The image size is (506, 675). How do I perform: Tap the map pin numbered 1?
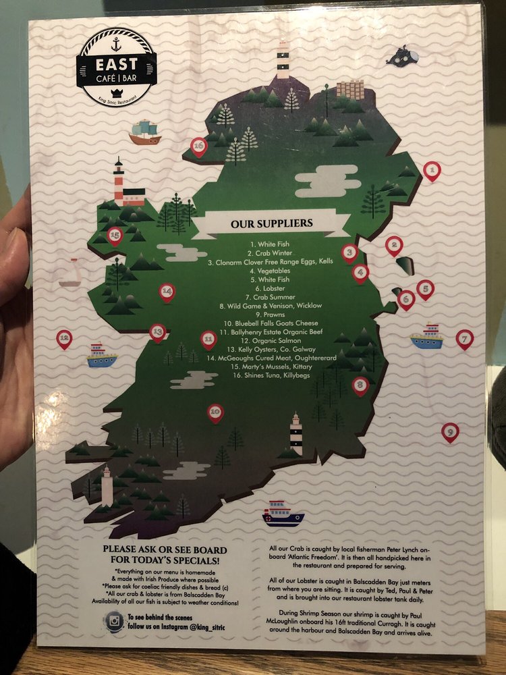pyautogui.click(x=432, y=171)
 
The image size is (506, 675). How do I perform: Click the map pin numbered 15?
pyautogui.click(x=115, y=236)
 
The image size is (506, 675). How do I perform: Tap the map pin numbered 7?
pyautogui.click(x=464, y=338)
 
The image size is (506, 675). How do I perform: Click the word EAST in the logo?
pyautogui.click(x=116, y=65)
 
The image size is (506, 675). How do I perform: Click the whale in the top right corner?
pyautogui.click(x=402, y=56)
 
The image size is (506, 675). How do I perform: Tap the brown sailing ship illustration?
pyautogui.click(x=144, y=132)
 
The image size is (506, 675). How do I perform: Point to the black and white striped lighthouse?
pyautogui.click(x=296, y=434)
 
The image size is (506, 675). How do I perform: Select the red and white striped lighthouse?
pyautogui.click(x=119, y=181)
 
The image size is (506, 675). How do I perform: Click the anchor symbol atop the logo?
pyautogui.click(x=116, y=44)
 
